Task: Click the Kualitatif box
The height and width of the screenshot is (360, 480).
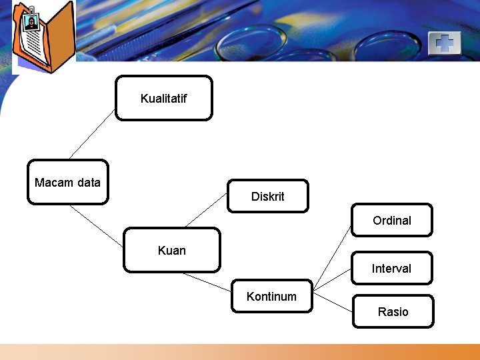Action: tap(164, 98)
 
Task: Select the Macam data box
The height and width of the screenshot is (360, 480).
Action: tap(67, 182)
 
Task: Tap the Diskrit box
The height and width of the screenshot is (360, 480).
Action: tap(267, 196)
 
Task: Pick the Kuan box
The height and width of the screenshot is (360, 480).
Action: tap(172, 251)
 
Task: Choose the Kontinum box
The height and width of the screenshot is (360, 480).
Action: tap(271, 296)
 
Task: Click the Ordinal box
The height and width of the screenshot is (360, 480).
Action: tap(392, 220)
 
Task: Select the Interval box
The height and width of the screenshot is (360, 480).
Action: tap(392, 268)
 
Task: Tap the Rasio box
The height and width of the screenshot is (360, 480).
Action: tap(393, 311)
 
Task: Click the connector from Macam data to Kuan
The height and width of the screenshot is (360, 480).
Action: tap(97, 216)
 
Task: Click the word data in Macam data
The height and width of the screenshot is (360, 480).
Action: tap(88, 182)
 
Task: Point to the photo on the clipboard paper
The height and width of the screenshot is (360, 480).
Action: tap(31, 23)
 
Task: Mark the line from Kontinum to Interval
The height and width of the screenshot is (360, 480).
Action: tap(332, 281)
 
